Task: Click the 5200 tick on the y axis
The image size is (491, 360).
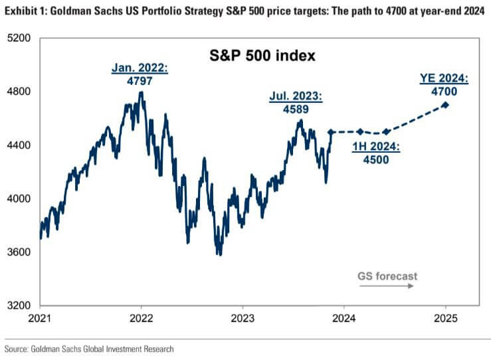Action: (19, 38)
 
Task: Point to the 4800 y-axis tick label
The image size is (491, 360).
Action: (19, 92)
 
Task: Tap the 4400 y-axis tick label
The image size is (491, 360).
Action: (19, 145)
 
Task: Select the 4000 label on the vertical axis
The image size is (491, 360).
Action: (19, 199)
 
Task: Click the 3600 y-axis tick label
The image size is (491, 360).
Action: (19, 252)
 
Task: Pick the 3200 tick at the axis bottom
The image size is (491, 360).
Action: (19, 306)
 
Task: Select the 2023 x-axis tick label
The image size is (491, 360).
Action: (243, 319)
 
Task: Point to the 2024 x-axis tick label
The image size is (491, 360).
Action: (344, 319)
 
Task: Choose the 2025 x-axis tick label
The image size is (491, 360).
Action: (445, 319)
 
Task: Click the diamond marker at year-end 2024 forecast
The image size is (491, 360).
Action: (445, 105)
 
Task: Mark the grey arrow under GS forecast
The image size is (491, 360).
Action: (387, 286)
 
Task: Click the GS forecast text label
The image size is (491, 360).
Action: (387, 276)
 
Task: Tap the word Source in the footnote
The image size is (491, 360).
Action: (17, 348)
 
